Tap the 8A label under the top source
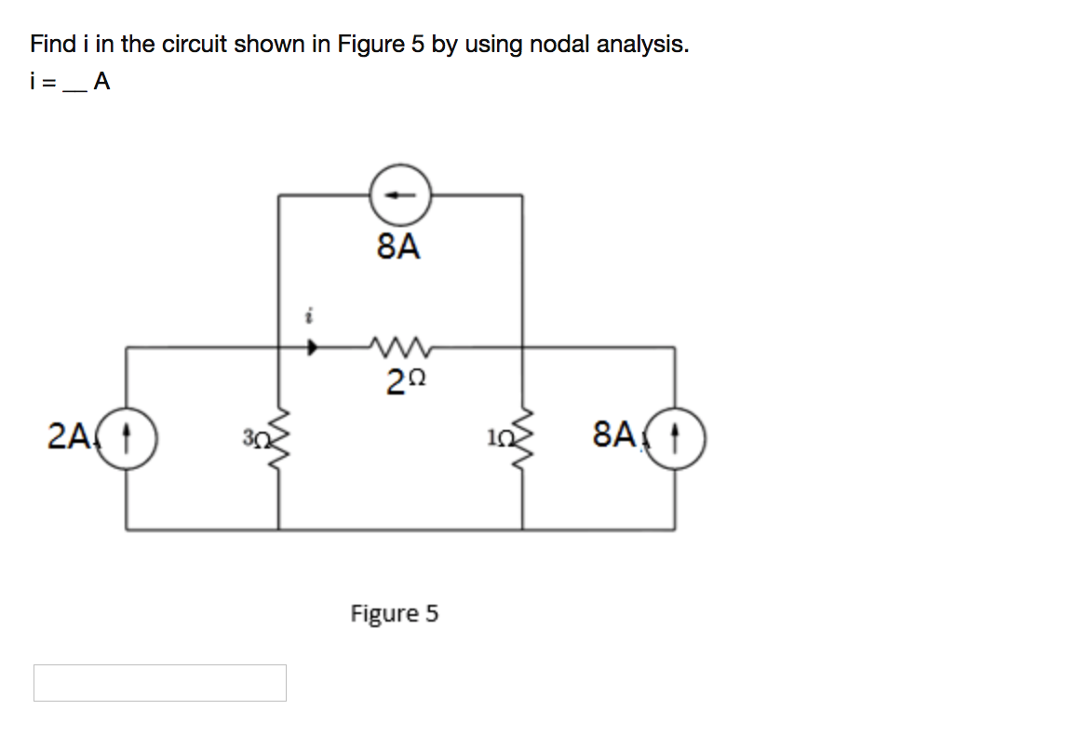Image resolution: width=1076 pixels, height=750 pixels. click(x=398, y=247)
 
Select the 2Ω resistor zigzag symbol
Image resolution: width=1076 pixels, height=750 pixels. click(x=399, y=347)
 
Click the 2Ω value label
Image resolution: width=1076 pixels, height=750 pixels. click(x=406, y=382)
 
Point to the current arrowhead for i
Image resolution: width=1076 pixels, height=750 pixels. click(x=313, y=347)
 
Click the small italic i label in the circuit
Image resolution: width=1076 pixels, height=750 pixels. click(x=309, y=317)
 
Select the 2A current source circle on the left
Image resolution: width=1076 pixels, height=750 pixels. click(x=126, y=437)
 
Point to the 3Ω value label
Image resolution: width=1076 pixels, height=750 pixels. click(x=254, y=437)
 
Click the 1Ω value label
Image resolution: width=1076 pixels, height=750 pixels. click(x=498, y=437)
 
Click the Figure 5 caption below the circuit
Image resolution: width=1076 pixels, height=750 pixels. click(x=394, y=613)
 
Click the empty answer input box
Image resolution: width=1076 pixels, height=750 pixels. click(x=160, y=683)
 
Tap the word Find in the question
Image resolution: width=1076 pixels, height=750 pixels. click(x=53, y=44)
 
